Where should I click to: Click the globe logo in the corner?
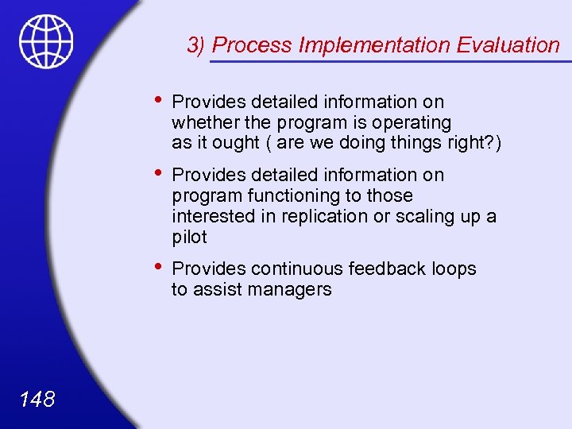point(46,41)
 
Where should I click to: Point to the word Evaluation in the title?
point(508,45)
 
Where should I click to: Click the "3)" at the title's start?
point(197,45)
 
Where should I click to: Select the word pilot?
point(189,237)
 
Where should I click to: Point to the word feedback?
point(390,269)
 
